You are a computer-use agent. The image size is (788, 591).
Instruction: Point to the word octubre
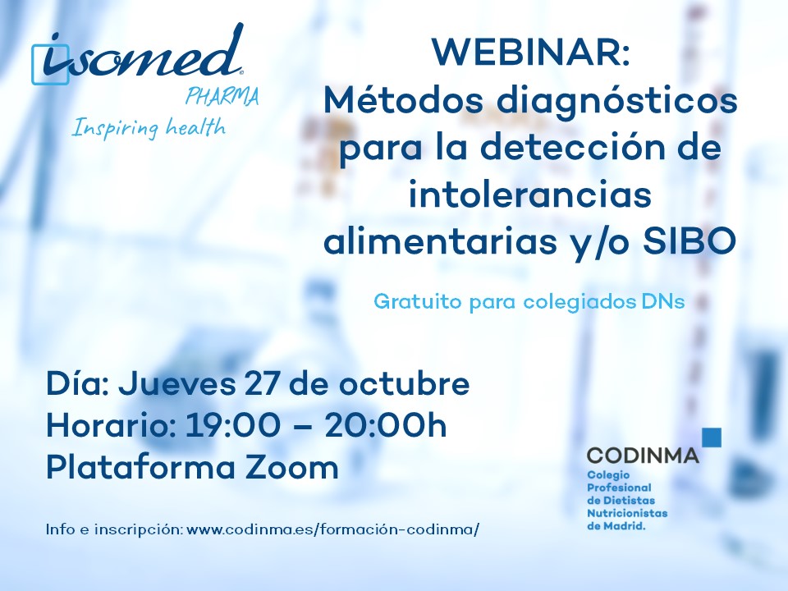[404, 383]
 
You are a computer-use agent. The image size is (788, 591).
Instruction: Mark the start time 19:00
[232, 426]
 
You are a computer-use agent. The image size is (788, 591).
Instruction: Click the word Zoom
[291, 468]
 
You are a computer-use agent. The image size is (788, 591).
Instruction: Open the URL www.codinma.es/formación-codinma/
[332, 529]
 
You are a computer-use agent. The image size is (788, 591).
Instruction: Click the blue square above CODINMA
[712, 437]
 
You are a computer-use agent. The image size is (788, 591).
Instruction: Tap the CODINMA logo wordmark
[643, 456]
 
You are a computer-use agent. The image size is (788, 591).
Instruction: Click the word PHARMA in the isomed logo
[222, 96]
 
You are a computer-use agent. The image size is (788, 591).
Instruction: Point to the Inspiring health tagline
[149, 128]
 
